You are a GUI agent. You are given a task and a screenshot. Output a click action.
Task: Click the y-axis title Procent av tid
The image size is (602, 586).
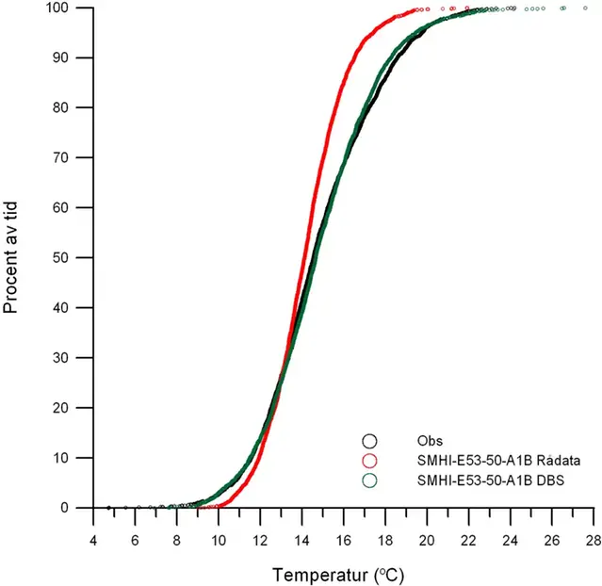[x=13, y=258]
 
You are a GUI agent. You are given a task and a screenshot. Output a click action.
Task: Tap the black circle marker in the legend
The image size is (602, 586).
[x=370, y=440]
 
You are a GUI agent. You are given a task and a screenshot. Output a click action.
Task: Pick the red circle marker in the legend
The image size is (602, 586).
[x=370, y=460]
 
